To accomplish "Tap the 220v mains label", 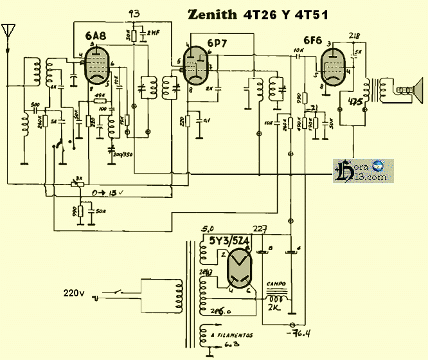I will pos(73,293).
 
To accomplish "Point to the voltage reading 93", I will pos(134,14).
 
